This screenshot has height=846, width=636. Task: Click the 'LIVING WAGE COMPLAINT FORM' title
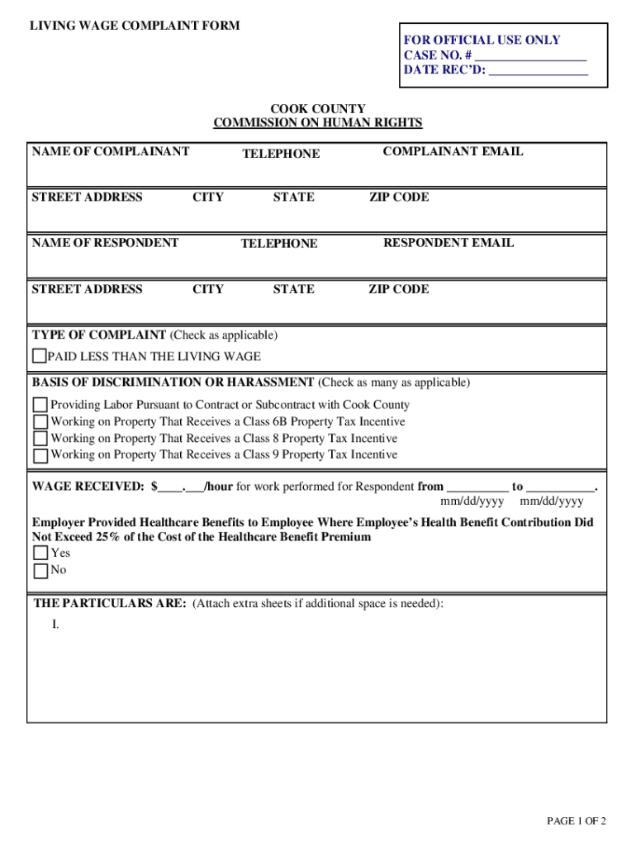click(x=135, y=26)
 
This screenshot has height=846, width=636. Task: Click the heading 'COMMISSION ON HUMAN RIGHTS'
click(x=318, y=123)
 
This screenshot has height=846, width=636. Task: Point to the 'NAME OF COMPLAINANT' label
click(x=111, y=151)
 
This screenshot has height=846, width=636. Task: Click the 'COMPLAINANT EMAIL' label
click(x=453, y=151)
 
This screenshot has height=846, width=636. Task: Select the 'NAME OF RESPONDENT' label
click(x=105, y=243)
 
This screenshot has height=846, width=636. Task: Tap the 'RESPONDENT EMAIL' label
click(x=449, y=243)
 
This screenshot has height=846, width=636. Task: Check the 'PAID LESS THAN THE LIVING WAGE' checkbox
click(x=39, y=357)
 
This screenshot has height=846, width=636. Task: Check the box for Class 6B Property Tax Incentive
click(x=40, y=422)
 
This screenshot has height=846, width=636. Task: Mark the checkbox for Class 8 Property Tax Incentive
click(x=40, y=439)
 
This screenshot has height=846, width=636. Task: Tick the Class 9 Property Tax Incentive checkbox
click(x=40, y=455)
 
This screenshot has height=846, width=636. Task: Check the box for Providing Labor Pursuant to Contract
click(x=40, y=406)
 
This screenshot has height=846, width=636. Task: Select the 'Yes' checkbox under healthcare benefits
click(x=40, y=554)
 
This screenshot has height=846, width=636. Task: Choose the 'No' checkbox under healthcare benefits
click(x=40, y=571)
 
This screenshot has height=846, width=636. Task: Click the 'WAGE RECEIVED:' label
click(x=88, y=487)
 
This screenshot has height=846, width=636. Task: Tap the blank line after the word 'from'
click(x=477, y=487)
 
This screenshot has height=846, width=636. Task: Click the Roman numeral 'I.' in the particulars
click(x=55, y=625)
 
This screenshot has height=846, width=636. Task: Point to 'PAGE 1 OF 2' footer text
click(x=577, y=820)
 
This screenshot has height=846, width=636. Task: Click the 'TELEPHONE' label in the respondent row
click(x=279, y=244)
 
